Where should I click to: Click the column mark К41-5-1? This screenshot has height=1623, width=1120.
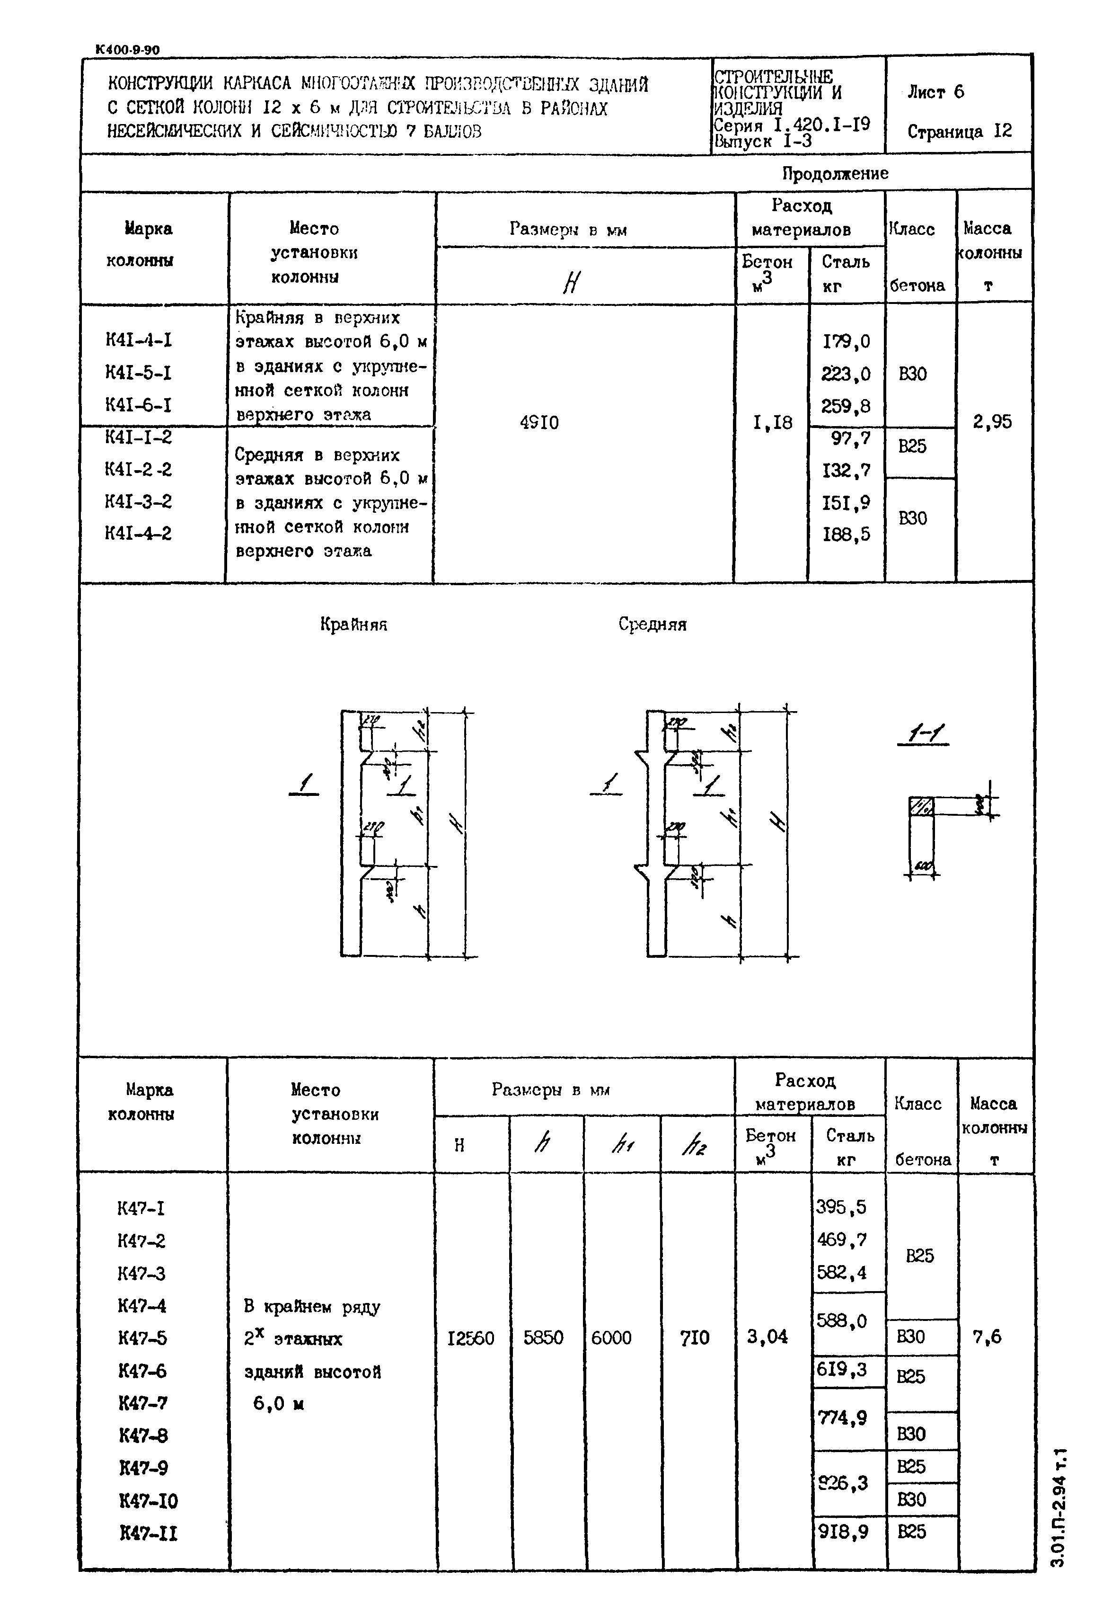point(138,373)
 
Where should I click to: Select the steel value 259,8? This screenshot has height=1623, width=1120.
point(846,406)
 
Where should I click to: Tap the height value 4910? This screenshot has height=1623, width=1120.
point(539,423)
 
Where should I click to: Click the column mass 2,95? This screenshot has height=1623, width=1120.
point(992,421)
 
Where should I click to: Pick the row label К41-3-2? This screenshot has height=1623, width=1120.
point(138,501)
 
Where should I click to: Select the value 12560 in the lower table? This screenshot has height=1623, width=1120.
point(470,1338)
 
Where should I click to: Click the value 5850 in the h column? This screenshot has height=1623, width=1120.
point(543,1338)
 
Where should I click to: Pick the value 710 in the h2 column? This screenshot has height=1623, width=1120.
point(695,1338)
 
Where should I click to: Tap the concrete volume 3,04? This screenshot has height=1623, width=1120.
point(767,1337)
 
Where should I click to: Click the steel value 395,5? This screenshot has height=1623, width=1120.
point(841,1207)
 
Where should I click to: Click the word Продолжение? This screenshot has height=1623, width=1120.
point(835,173)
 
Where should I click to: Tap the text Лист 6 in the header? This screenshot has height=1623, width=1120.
point(935,92)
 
